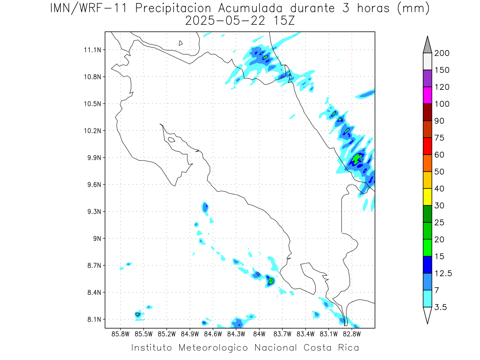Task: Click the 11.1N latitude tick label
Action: click(92, 50)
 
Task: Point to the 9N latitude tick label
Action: click(97, 238)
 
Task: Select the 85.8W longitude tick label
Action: click(120, 334)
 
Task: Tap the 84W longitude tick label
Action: click(259, 334)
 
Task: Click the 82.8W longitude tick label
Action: click(352, 334)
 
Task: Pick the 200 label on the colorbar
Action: click(442, 53)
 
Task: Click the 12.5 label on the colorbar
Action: click(443, 274)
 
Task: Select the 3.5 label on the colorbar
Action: click(440, 307)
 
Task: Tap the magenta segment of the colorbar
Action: click(427, 95)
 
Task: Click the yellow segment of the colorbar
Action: click(427, 197)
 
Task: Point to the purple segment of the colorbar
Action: click(427, 78)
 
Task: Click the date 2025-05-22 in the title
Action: click(225, 21)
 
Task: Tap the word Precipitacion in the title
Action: click(173, 8)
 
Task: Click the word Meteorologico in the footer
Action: click(213, 348)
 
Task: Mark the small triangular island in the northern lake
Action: click(180, 43)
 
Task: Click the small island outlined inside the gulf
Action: click(172, 140)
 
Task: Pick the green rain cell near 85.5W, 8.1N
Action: click(137, 314)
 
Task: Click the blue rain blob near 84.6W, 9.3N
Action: click(205, 207)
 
